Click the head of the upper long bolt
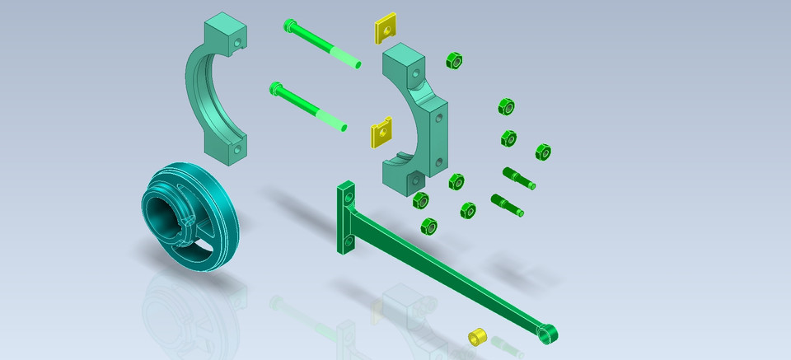pyautogui.click(x=288, y=25)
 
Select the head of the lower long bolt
pyautogui.click(x=275, y=87)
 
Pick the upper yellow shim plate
pyautogui.click(x=386, y=30)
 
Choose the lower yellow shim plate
pyautogui.click(x=380, y=133)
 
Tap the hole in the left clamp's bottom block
pyautogui.click(x=236, y=150)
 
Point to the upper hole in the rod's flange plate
pyautogui.click(x=349, y=197)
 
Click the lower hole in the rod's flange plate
pyautogui.click(x=349, y=241)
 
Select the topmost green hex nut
pyautogui.click(x=453, y=60)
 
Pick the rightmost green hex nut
pyautogui.click(x=543, y=152)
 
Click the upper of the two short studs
pyautogui.click(x=518, y=177)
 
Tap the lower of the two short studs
pyautogui.click(x=508, y=204)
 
